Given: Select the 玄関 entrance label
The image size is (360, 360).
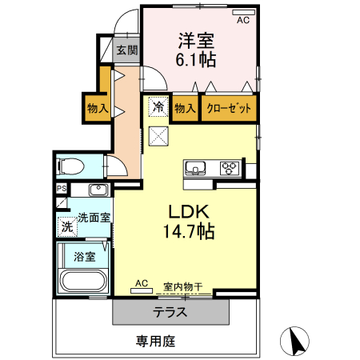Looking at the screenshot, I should click(x=126, y=50).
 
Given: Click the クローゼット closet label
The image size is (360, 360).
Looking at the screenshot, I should click(x=230, y=107).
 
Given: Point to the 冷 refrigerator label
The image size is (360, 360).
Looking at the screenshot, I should click(x=158, y=106).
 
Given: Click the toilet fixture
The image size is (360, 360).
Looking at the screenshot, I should click(x=71, y=166).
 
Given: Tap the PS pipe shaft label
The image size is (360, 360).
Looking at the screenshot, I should click(x=61, y=189).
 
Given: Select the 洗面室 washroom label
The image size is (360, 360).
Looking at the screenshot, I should click(x=94, y=217).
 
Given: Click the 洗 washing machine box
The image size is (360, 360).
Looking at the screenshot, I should click(x=67, y=226).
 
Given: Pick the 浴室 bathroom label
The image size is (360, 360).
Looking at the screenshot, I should click(x=85, y=257).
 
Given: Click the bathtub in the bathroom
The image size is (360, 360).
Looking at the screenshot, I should click(x=82, y=282).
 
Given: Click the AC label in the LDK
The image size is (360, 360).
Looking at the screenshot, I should click(x=142, y=283).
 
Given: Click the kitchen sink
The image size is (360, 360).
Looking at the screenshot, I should click(x=196, y=168).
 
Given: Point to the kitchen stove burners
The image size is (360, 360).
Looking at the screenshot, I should click(x=230, y=168).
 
